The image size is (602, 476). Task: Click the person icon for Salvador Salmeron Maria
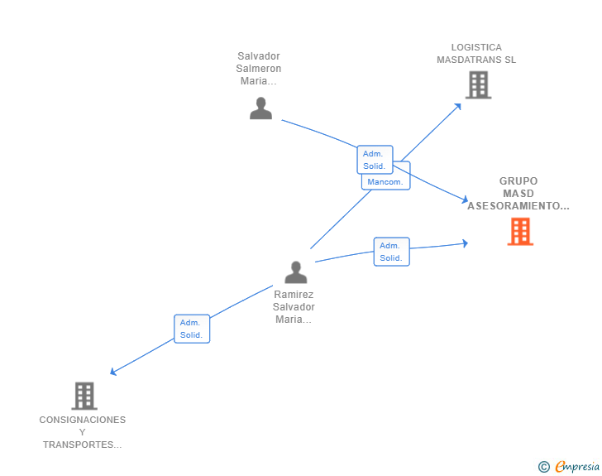click(260, 108)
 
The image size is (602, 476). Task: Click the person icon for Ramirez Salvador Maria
click(295, 272)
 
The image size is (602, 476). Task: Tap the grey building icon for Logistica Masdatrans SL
click(478, 84)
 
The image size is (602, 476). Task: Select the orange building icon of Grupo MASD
click(520, 232)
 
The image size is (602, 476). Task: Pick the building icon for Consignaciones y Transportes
click(84, 396)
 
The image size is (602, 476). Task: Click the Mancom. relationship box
click(385, 182)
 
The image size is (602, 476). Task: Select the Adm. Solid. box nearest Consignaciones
click(192, 329)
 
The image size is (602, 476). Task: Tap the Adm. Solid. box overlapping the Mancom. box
click(375, 159)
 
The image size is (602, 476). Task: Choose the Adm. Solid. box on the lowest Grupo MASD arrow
click(391, 252)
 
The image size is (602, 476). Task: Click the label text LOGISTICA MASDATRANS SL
click(476, 54)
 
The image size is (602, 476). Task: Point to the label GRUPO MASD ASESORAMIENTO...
click(518, 193)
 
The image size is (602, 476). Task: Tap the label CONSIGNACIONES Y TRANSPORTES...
click(83, 432)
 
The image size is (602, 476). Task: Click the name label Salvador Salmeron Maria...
click(259, 69)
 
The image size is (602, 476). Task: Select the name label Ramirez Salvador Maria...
click(294, 306)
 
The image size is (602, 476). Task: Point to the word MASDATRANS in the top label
click(476, 60)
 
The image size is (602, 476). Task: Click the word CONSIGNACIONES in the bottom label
click(83, 420)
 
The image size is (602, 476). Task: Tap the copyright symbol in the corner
click(543, 467)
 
